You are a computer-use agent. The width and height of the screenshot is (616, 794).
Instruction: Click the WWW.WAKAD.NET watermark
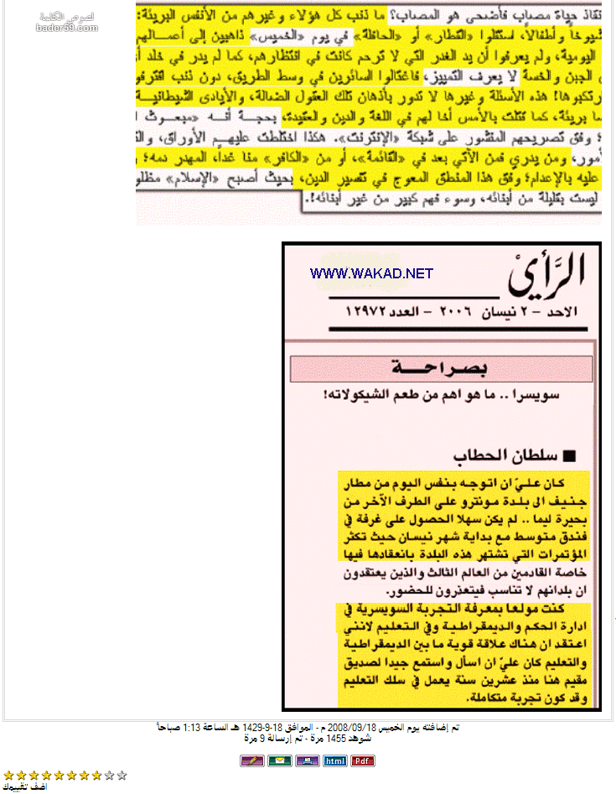click(x=371, y=273)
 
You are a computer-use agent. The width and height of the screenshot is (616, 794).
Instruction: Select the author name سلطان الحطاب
click(x=500, y=455)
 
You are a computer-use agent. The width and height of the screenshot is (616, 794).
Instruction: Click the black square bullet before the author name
click(x=571, y=456)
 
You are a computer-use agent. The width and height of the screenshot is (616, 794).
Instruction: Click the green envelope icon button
click(x=279, y=760)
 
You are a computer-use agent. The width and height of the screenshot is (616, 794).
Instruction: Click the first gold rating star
click(x=8, y=776)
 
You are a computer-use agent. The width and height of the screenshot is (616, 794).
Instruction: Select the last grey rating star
click(x=122, y=776)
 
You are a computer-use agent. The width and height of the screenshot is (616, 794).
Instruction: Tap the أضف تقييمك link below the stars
click(x=24, y=787)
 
